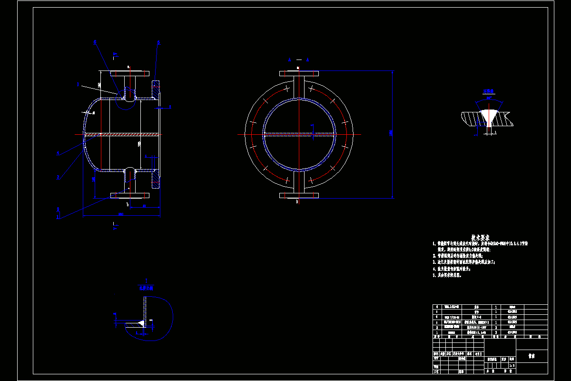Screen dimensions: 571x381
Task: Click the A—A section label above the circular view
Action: coord(298,60)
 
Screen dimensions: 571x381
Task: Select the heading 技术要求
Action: coord(481,237)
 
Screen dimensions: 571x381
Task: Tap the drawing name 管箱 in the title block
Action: coord(531,356)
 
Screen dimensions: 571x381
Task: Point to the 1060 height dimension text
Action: coord(391,134)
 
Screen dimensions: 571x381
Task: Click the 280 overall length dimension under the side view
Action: coord(121,214)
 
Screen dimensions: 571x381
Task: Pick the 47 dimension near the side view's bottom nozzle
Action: coord(144,206)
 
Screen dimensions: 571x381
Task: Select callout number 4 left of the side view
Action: coord(58,153)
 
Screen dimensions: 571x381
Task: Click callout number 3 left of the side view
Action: coord(58,177)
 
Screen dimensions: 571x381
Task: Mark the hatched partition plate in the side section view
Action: coord(121,135)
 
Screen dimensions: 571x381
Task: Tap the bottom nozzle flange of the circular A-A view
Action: coord(298,195)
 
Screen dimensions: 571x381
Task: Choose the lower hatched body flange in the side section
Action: coord(156,177)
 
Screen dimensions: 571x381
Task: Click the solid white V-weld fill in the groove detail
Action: coord(489,116)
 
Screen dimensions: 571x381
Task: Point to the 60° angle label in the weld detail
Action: coord(489,98)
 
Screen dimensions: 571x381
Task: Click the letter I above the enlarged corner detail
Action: coord(146,281)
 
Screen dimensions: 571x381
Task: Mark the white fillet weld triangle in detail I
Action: coord(142,323)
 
